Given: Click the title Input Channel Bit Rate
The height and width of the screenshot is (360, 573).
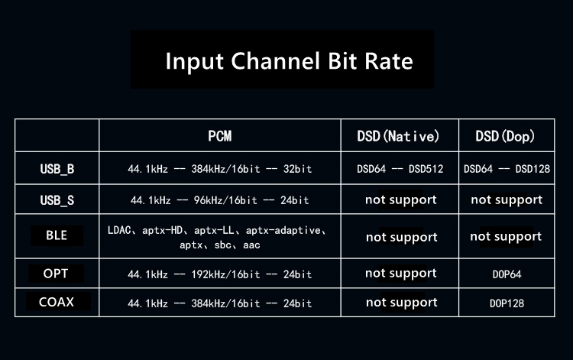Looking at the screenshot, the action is tap(289, 61).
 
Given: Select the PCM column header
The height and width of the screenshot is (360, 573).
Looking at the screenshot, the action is tap(219, 136).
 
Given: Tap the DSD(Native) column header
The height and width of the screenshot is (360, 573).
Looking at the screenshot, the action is tap(398, 136).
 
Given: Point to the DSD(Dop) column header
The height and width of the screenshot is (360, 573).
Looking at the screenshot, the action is tap(505, 136).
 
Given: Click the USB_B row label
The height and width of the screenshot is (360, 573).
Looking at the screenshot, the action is tap(57, 169).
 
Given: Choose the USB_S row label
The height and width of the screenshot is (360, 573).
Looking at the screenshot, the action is tap(57, 200).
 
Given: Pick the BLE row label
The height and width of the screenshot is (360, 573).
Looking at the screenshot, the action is tap(57, 235).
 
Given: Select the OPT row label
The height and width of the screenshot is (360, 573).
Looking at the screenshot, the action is tap(56, 274).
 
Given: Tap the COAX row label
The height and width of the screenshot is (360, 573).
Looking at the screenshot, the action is tap(57, 302).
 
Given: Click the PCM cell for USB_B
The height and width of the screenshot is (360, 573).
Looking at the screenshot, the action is tap(219, 169).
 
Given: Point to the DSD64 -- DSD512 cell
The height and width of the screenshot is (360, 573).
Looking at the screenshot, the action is tap(400, 169).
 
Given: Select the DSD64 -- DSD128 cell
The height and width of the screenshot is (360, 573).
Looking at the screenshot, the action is tap(507, 169).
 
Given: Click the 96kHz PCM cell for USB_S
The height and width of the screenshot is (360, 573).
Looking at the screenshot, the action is tap(219, 200).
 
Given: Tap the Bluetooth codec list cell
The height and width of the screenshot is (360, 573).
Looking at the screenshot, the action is tap(217, 238).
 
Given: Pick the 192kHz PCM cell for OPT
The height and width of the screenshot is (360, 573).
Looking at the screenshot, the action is tap(219, 274).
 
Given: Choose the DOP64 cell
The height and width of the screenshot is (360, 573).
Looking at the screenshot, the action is tap(507, 274).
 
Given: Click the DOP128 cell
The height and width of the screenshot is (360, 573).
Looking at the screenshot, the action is tap(507, 303).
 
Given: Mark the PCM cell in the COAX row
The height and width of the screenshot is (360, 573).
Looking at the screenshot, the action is tap(219, 303).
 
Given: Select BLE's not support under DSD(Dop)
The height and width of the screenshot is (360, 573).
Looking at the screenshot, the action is tap(506, 237).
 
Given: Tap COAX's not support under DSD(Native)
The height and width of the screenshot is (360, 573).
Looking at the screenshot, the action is tap(402, 303).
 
